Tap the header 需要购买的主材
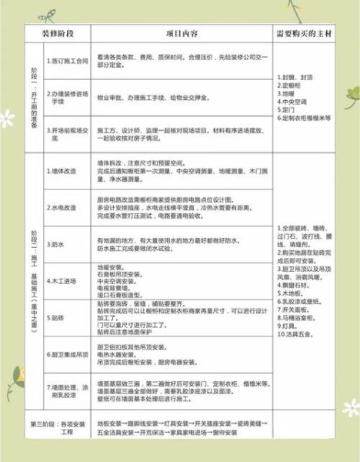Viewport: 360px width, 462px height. pos(306,35)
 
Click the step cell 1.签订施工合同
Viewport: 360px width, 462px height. pos(65,61)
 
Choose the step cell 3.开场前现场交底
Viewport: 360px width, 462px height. pos(65,132)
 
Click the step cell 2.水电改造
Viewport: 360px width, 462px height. pos(62,208)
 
